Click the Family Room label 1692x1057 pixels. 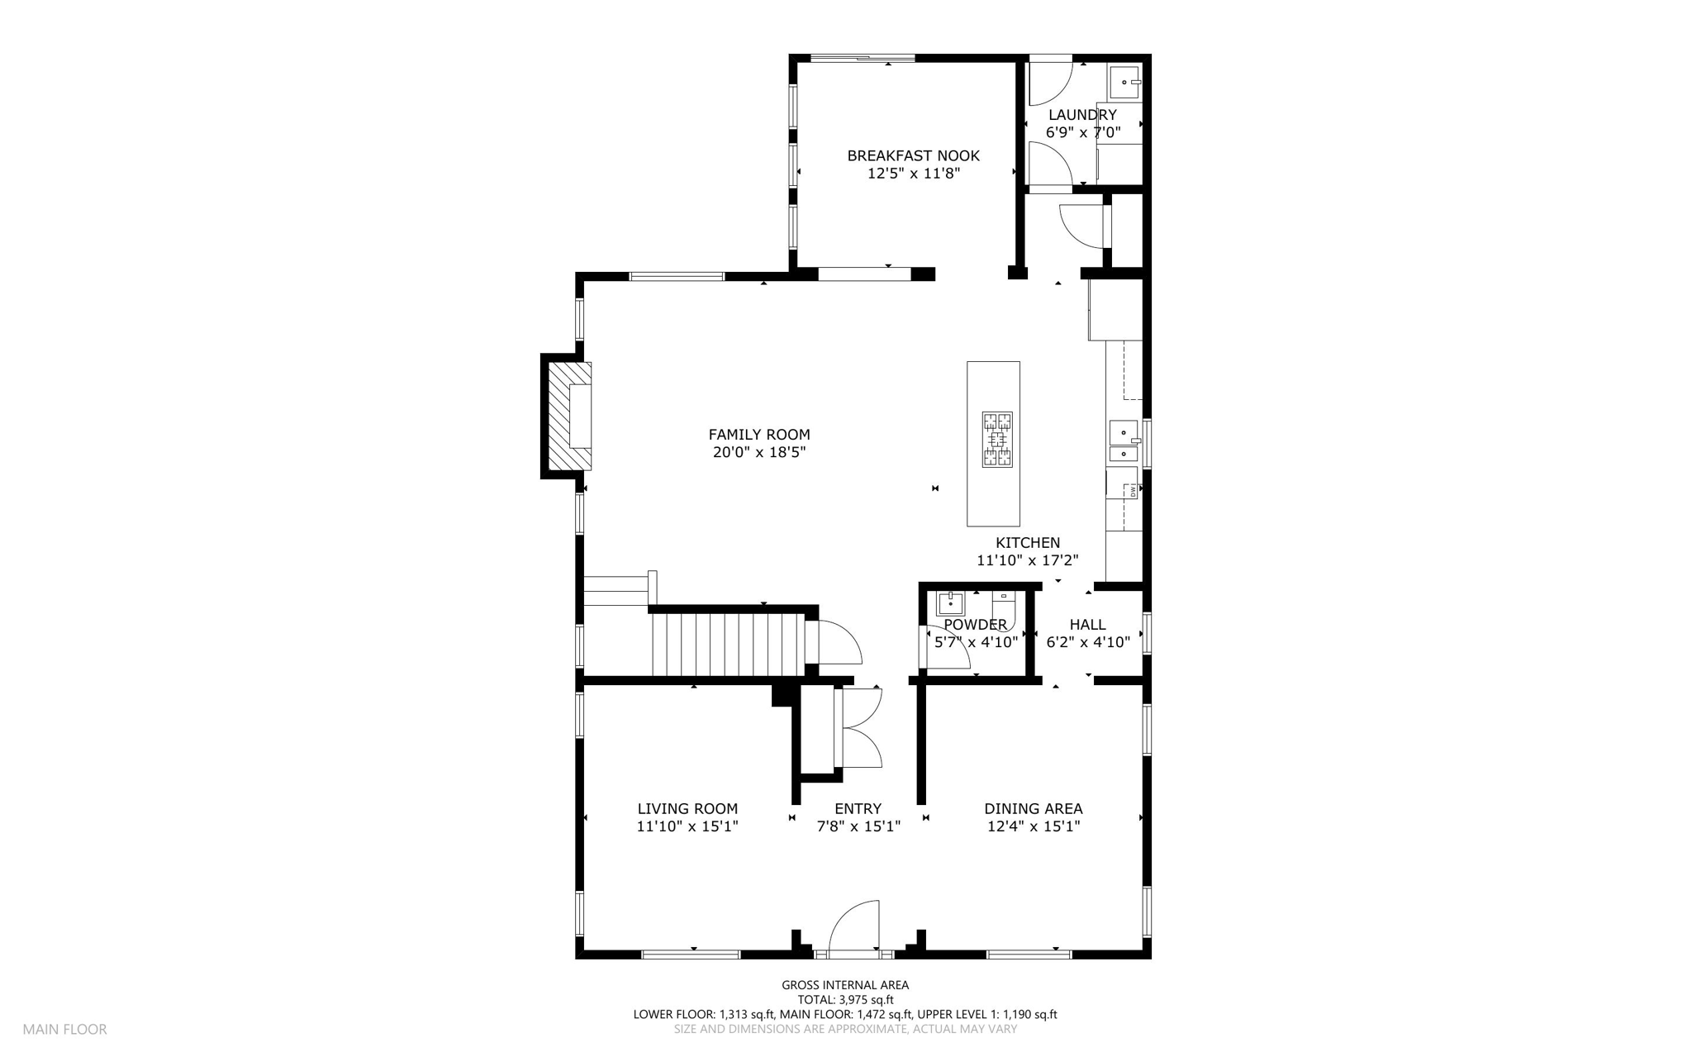tap(759, 435)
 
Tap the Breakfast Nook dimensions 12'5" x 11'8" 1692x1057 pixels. tap(913, 174)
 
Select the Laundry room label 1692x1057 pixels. tap(1082, 115)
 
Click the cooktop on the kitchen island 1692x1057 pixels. tap(998, 440)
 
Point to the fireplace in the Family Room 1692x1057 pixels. tap(568, 417)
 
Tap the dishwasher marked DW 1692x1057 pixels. tap(1124, 490)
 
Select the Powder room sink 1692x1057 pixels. tap(951, 603)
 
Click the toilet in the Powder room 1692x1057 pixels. tap(1004, 609)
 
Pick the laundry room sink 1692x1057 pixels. tap(1125, 82)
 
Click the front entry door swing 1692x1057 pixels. tap(854, 926)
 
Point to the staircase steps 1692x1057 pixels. tap(728, 644)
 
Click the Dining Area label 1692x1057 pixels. tap(1033, 809)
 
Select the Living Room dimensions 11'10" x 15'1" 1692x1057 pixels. tap(687, 826)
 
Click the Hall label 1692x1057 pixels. tap(1087, 625)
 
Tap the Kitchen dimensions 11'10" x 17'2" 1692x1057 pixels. tap(1028, 560)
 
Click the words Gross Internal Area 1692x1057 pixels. tap(845, 985)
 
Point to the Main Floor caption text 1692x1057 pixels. tap(64, 1030)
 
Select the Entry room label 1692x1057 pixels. tap(858, 809)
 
